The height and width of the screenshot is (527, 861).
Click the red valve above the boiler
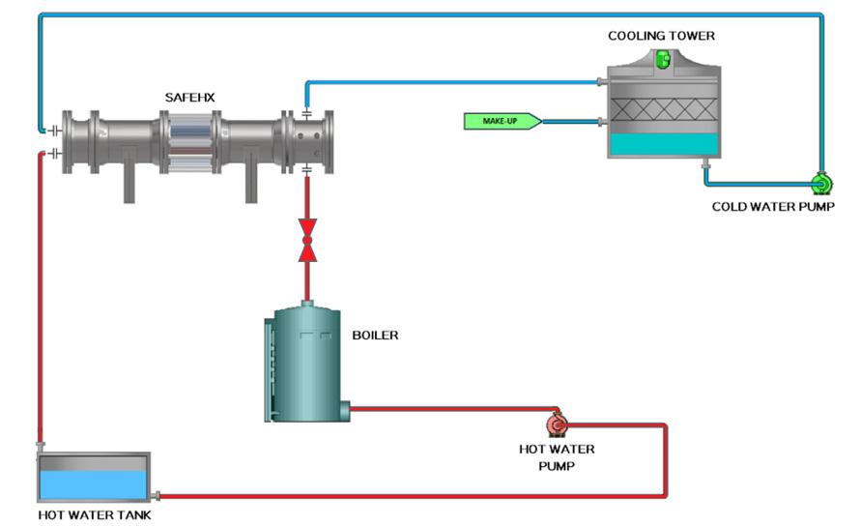pos(307,241)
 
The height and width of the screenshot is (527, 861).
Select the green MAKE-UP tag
pos(499,121)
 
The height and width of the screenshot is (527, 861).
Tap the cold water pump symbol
pos(821,183)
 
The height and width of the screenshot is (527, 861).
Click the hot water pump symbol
pos(558,425)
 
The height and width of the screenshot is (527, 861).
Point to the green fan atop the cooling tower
pos(662,59)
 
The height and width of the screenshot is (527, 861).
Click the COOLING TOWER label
pos(661,37)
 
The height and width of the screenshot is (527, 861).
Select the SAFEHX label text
pos(189,98)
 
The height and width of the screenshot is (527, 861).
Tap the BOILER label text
pos(375,336)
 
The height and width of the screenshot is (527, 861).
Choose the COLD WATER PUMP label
pos(773,206)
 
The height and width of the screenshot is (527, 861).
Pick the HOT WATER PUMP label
pos(557,456)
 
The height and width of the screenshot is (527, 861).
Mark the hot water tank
pos(93,476)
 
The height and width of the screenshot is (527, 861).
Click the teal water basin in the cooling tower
pos(662,145)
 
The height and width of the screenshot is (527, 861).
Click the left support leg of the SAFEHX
pos(129,184)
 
